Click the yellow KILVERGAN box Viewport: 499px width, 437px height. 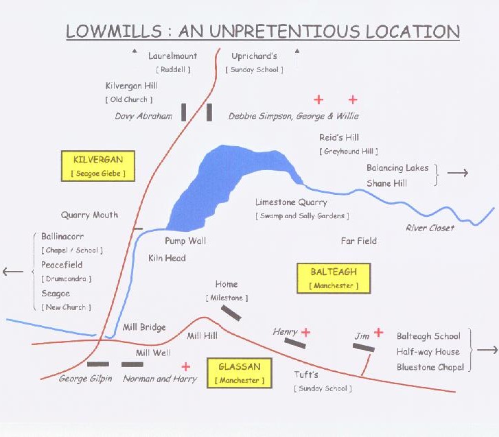pyautogui.click(x=98, y=166)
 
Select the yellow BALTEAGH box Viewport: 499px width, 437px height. pyautogui.click(x=334, y=279)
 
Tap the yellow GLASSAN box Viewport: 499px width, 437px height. pyautogui.click(x=240, y=373)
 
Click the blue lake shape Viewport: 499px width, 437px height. pyautogui.click(x=223, y=185)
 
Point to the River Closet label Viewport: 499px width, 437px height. pyautogui.click(x=430, y=228)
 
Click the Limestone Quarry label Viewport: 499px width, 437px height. pyautogui.click(x=291, y=202)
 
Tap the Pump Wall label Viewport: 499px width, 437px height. pyautogui.click(x=185, y=241)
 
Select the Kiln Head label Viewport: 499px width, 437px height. pyautogui.click(x=167, y=258)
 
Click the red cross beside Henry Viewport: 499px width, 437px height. pyautogui.click(x=306, y=332)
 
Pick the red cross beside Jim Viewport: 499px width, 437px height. pyautogui.click(x=378, y=333)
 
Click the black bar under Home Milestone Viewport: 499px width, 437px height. pyautogui.click(x=231, y=313)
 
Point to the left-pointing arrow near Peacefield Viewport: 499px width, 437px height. pyautogui.click(x=13, y=272)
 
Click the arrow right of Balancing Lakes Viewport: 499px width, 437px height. pyautogui.click(x=458, y=173)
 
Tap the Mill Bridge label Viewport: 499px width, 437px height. pyautogui.click(x=144, y=327)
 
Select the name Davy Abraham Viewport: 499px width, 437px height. pyautogui.click(x=143, y=116)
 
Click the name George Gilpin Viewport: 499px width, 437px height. pyautogui.click(x=85, y=379)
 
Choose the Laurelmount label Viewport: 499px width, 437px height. pyautogui.click(x=172, y=56)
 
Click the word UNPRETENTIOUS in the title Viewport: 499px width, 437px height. pyautogui.click(x=269, y=31)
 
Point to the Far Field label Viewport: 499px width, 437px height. pyautogui.click(x=359, y=241)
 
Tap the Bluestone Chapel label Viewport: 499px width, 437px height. pyautogui.click(x=430, y=367)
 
